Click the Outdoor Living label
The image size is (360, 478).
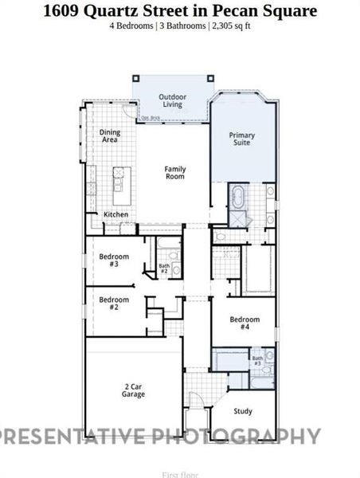click(x=172, y=100)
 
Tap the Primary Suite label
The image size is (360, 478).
click(x=241, y=139)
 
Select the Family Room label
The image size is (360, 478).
click(x=174, y=172)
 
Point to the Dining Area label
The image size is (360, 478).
click(x=108, y=135)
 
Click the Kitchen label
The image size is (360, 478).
click(x=116, y=214)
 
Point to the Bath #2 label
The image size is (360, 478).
click(x=164, y=268)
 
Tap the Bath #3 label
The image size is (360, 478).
click(x=257, y=361)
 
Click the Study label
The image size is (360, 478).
click(x=243, y=411)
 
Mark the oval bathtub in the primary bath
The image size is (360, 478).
click(x=238, y=195)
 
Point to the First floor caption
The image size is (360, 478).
click(x=180, y=474)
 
